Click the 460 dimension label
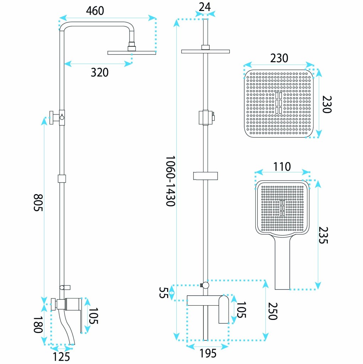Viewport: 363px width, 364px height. [x=95, y=11]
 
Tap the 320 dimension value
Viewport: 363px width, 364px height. [x=100, y=73]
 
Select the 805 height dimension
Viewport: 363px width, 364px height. [x=38, y=202]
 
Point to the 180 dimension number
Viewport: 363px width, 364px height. [x=38, y=325]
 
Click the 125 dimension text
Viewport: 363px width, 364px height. [x=61, y=357]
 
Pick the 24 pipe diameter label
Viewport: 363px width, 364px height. [x=204, y=7]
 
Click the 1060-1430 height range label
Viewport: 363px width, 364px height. [x=170, y=181]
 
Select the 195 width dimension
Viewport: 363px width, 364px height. [x=208, y=353]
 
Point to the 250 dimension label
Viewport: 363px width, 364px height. [x=273, y=311]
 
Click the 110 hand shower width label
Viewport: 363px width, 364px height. [x=282, y=167]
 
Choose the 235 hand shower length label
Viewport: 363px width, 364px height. [x=323, y=235]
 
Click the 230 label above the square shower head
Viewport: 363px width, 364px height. [x=279, y=58]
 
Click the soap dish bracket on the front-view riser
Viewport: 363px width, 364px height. [x=205, y=176]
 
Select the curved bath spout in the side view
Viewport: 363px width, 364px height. [x=66, y=327]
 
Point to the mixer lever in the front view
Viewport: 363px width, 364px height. [x=224, y=309]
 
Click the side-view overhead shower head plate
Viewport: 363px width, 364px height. [x=132, y=53]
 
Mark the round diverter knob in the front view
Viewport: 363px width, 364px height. [x=205, y=285]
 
